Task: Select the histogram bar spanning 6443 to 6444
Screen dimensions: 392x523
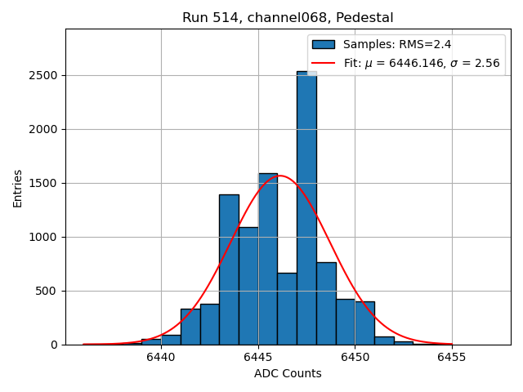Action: [229, 269]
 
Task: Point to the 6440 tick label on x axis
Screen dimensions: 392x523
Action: [161, 358]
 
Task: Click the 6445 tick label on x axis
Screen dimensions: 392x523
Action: [258, 358]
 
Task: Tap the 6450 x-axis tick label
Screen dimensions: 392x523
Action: [355, 358]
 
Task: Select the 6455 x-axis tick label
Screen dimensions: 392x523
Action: [452, 358]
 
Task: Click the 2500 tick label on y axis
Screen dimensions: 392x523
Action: [44, 75]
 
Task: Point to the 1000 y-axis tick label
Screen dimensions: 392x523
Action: [44, 237]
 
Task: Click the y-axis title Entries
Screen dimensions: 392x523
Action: [18, 188]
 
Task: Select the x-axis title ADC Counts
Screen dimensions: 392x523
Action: [288, 374]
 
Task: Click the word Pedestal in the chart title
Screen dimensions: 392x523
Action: [368, 18]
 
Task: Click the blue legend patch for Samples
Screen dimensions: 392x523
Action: [323, 45]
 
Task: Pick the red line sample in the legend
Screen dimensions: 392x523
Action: [323, 63]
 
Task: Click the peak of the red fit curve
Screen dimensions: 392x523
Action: [279, 176]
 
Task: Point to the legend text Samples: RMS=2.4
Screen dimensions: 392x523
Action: [397, 45]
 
